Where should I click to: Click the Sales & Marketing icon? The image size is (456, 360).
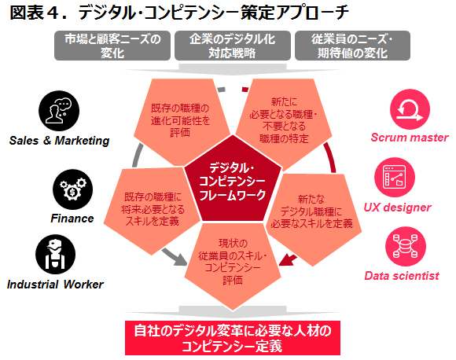[59, 111]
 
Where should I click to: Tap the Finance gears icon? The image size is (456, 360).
[72, 189]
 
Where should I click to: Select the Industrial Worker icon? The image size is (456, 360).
[56, 255]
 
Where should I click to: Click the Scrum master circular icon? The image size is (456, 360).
[410, 109]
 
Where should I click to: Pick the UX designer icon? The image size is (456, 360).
[395, 178]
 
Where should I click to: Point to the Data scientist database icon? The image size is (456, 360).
[406, 247]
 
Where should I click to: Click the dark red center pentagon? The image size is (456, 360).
[233, 180]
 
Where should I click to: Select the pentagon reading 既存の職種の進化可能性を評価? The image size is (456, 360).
[181, 122]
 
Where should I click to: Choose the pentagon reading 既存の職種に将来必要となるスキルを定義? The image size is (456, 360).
[152, 210]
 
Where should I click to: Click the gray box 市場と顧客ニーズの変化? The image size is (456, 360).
[112, 46]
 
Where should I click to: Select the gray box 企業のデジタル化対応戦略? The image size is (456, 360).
[233, 46]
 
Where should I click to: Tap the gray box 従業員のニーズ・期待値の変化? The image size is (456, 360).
[352, 46]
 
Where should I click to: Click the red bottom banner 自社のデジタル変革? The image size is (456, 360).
[233, 338]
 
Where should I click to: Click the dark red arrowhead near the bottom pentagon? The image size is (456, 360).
[286, 260]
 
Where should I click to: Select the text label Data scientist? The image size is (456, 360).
[402, 276]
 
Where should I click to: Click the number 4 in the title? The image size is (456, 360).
[53, 13]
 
